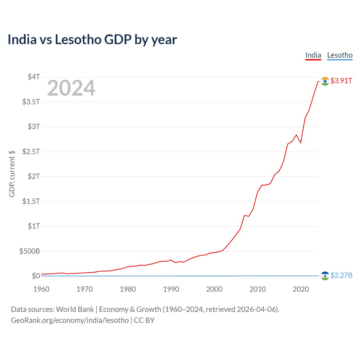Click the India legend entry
[x=313, y=55]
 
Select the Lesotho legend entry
[x=340, y=55]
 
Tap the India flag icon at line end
[x=325, y=81]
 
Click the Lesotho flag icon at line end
[x=325, y=276]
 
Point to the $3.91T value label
[x=341, y=81]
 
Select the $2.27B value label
[x=341, y=275]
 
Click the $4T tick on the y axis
[x=34, y=77]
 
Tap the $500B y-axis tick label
[x=30, y=251]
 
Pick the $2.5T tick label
[x=31, y=152]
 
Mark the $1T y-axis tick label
[x=34, y=226]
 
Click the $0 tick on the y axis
[x=36, y=276]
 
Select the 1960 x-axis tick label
[x=41, y=289]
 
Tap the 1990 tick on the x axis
[x=171, y=289]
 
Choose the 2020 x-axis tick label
[x=301, y=289]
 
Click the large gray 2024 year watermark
[x=71, y=88]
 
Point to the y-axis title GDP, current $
[x=12, y=174]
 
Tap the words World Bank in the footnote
[x=75, y=309]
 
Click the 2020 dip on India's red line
[x=301, y=143]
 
